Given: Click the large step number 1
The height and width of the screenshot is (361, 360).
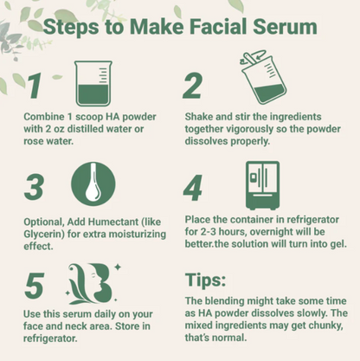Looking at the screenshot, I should [x=35, y=87].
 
